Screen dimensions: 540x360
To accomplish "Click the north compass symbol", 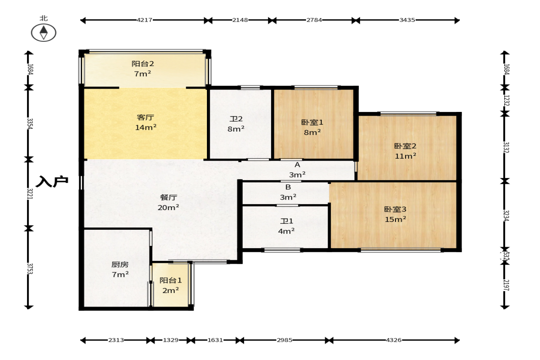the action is click(x=44, y=33).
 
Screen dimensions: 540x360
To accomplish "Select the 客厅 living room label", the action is click(x=145, y=117).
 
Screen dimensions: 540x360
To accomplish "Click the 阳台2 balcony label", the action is click(x=143, y=64).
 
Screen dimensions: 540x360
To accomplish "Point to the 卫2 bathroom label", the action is click(x=236, y=119).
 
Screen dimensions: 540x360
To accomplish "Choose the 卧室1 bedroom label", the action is click(x=312, y=122).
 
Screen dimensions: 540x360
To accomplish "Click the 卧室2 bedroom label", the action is click(x=405, y=146).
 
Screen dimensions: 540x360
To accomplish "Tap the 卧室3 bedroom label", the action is click(x=395, y=209).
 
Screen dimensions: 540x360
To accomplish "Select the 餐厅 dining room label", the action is click(x=168, y=198).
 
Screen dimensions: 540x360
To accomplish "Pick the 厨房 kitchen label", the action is click(x=120, y=264).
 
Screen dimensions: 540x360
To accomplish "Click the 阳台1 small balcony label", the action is click(x=171, y=281).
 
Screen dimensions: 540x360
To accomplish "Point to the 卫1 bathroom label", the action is click(x=286, y=222).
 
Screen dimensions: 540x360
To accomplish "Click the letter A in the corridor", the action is click(x=297, y=165).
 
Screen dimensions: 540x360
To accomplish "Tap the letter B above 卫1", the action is click(x=288, y=187).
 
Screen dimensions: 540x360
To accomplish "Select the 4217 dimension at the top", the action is click(x=145, y=20).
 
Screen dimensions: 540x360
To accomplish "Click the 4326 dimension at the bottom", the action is click(x=394, y=340).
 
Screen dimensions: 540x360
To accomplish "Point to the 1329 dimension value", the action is click(x=171, y=340).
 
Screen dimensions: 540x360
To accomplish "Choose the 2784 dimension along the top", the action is click(x=314, y=20).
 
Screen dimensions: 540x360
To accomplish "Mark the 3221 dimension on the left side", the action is click(x=30, y=194).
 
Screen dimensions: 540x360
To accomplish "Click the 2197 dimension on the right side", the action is click(x=506, y=285).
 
